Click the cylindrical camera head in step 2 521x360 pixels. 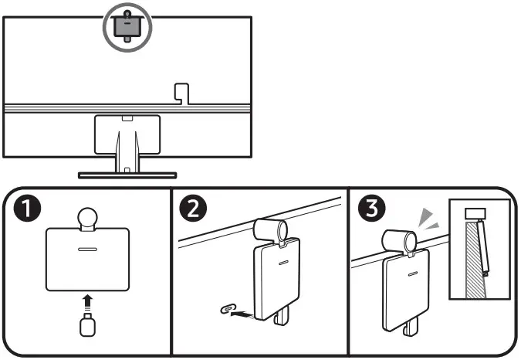point(270,229)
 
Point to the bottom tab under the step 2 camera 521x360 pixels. point(281,316)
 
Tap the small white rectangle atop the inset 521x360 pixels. point(474,212)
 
